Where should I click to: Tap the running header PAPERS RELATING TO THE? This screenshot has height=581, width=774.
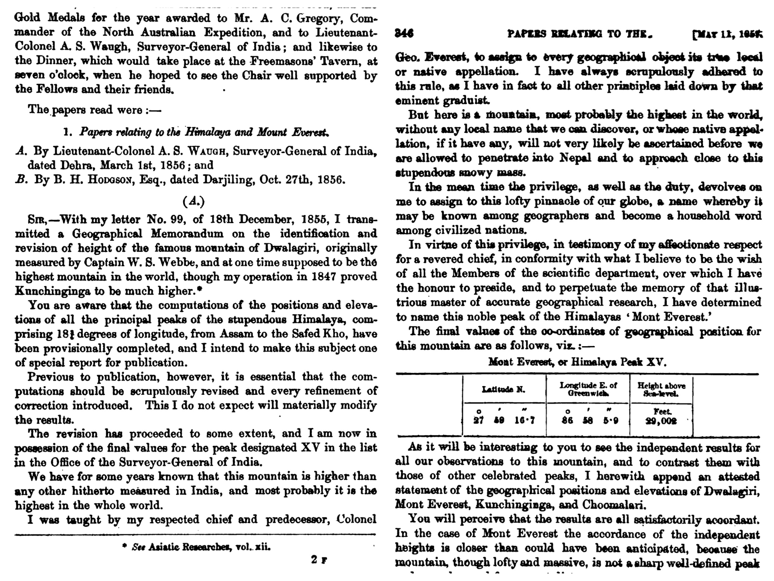tap(580, 34)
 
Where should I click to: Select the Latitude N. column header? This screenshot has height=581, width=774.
tap(504, 390)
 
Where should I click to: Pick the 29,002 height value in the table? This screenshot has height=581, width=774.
tap(661, 421)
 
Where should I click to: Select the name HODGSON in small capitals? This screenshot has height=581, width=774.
tap(111, 180)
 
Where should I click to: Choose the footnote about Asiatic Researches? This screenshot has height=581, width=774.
tap(196, 547)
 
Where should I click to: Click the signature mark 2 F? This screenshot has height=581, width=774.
tap(318, 560)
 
